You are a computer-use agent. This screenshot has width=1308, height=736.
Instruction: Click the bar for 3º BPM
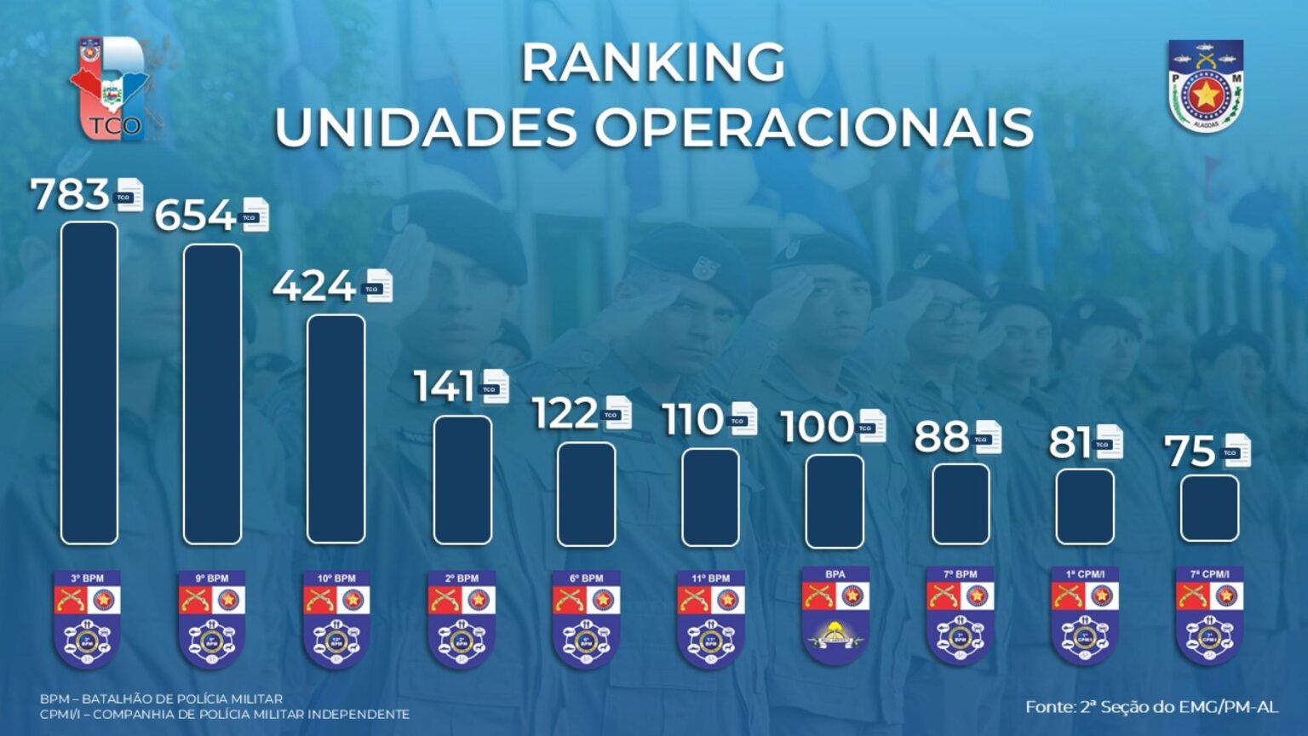pos(89,383)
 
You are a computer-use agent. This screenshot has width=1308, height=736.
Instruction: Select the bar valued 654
pos(212,394)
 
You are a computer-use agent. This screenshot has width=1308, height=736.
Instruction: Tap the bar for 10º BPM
pos(336,428)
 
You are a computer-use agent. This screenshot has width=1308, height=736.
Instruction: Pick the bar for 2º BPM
pos(462,480)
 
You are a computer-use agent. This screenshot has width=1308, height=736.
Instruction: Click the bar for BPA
pos(835,501)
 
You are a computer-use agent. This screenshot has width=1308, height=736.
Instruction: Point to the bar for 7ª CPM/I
pos(1209,508)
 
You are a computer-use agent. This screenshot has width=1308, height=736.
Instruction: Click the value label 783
pos(70,195)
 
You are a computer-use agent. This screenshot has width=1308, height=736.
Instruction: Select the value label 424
pos(313,286)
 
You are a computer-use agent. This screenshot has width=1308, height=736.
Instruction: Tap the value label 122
pos(565,414)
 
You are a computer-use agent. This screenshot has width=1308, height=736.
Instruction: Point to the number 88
pos(941,438)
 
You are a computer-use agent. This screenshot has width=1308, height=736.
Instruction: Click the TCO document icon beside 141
pos(495,388)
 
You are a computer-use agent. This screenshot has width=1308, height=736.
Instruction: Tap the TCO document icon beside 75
pos(1236,451)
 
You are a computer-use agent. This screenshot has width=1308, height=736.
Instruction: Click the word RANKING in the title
pos(653,63)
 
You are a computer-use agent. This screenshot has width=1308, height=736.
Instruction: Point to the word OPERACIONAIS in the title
pos(813,128)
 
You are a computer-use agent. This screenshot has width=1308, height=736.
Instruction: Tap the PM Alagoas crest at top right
pos(1206,86)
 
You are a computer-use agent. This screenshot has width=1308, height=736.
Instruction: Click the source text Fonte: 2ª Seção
pos(1151,707)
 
